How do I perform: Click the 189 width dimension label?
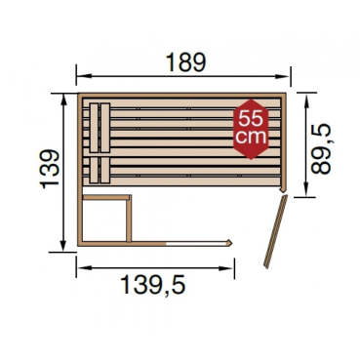185,61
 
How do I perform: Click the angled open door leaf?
274,231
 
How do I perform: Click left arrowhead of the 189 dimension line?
80,76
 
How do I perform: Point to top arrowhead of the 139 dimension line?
65,98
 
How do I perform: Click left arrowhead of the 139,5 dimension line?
80,265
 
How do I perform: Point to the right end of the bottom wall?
231,242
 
